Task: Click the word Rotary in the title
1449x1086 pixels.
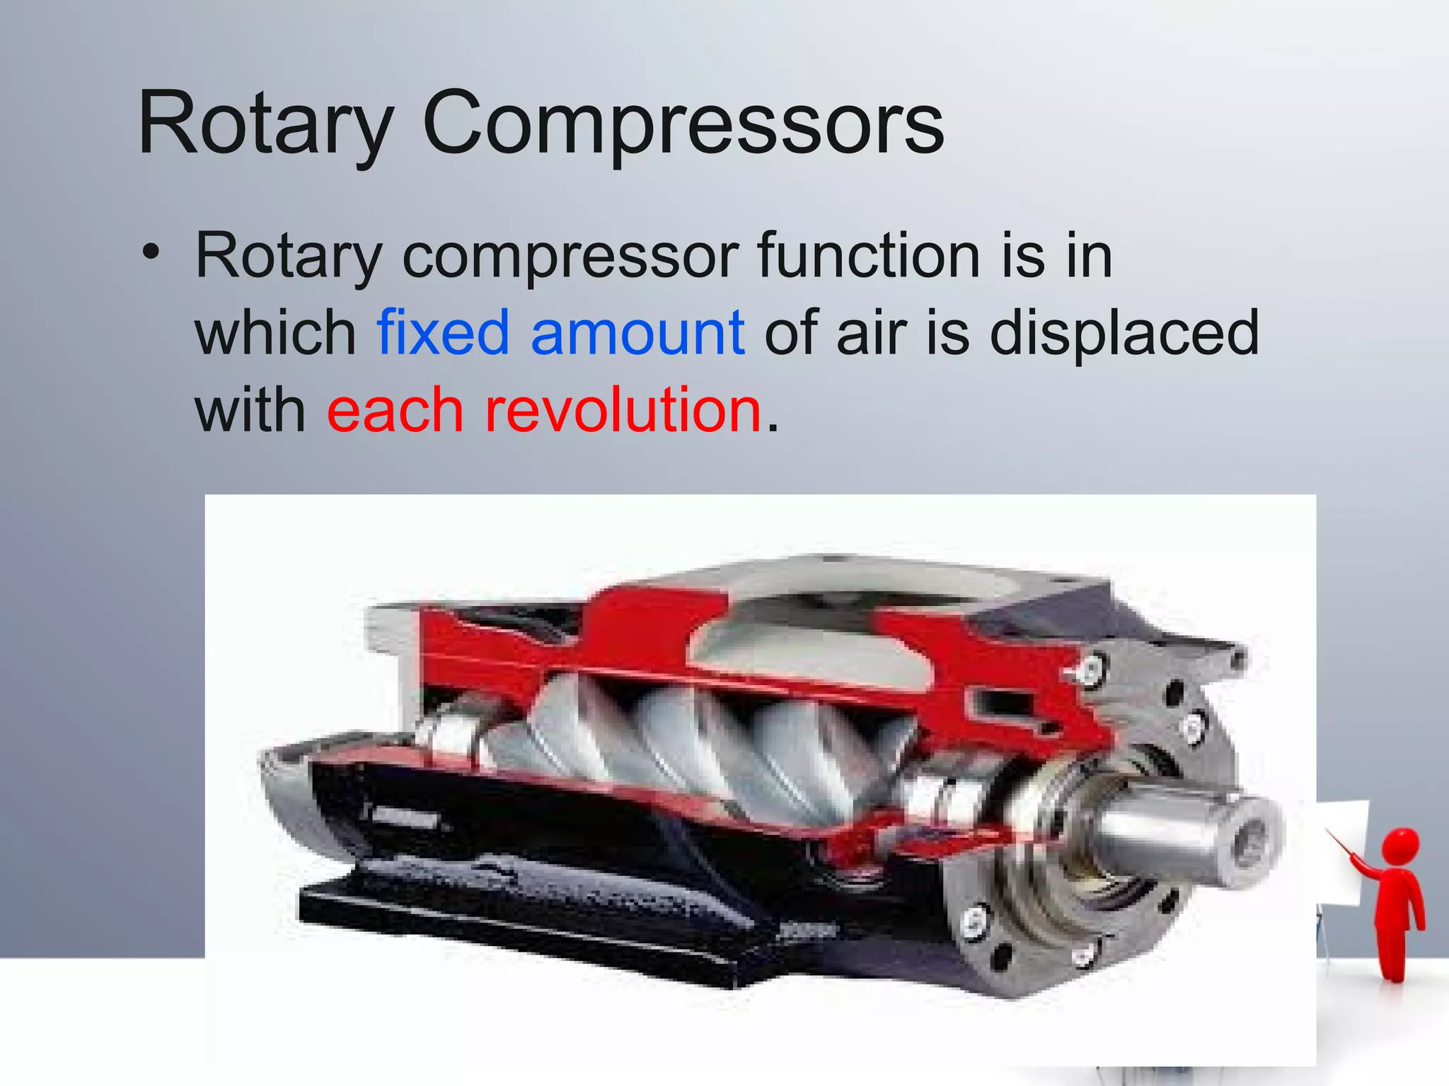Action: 265,124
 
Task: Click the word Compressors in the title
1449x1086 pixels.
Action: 683,124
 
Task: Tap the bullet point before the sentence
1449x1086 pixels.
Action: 150,252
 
